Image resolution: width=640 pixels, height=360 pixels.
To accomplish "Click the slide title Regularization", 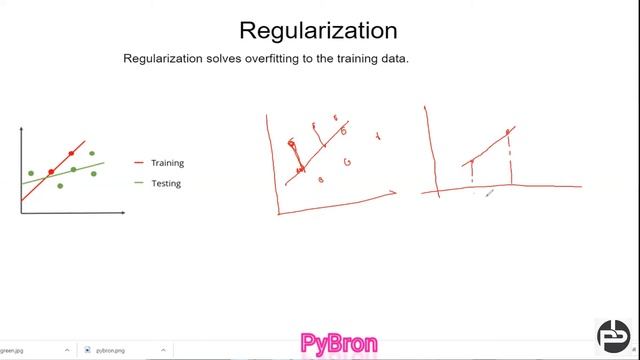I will [318, 30].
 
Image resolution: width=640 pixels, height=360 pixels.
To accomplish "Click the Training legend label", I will [167, 163].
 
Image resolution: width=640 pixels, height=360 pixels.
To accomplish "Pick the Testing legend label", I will [166, 183].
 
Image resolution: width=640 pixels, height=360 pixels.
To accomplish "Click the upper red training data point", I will [71, 153].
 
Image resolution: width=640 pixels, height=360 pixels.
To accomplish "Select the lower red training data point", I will [51, 172].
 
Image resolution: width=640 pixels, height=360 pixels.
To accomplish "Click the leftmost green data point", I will [31, 173].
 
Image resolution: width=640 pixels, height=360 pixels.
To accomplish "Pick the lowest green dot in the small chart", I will [61, 185].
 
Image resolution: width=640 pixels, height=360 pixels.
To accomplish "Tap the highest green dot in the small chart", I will [92, 154].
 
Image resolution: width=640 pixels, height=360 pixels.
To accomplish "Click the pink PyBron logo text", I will [339, 344].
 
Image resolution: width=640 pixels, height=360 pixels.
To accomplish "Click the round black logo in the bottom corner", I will [612, 334].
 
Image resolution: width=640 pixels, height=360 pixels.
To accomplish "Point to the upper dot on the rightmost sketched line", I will [509, 131].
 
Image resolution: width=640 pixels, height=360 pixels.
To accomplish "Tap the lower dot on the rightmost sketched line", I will [472, 162].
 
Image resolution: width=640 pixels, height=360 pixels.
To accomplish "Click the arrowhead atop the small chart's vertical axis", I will [22, 129].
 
